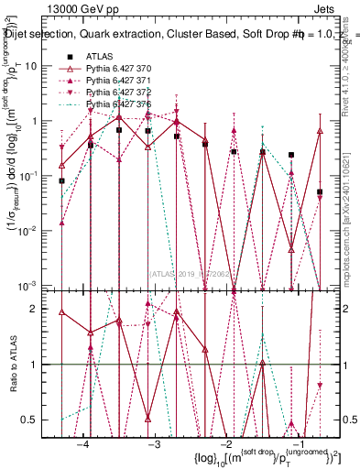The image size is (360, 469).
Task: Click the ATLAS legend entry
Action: click(98, 57)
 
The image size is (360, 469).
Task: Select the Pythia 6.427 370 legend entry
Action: click(116, 70)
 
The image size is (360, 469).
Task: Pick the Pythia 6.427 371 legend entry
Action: click(116, 82)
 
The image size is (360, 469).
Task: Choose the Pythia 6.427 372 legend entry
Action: click(116, 93)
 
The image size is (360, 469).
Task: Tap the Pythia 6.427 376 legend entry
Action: click(116, 105)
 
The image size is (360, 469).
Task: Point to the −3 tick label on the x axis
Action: click(154, 443)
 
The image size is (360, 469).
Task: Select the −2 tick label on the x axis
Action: click(225, 443)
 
